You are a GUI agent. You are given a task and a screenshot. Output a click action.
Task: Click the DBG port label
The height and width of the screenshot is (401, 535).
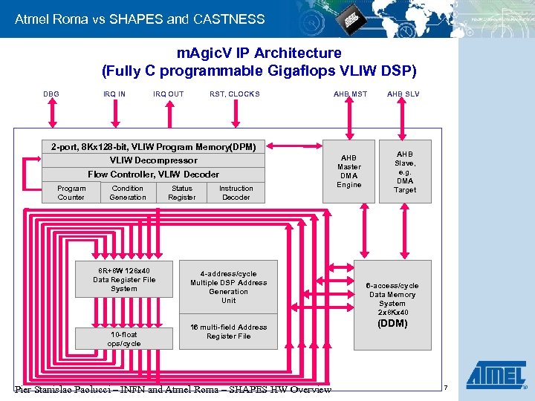[51, 94]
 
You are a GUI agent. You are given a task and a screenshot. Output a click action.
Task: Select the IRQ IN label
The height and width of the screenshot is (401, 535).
[114, 94]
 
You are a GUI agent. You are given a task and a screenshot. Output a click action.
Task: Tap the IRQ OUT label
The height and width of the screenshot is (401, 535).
[168, 94]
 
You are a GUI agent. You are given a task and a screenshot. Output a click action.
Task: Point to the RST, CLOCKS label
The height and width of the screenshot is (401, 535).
[235, 94]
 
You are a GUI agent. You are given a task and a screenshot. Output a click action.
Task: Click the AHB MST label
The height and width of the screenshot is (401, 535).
[350, 94]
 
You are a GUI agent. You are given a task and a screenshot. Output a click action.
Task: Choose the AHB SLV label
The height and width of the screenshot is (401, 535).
[403, 94]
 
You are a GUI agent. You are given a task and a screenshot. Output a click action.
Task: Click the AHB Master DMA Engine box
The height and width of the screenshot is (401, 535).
[348, 172]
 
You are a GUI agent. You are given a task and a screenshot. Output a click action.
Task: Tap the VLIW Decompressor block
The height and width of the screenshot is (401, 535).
[154, 160]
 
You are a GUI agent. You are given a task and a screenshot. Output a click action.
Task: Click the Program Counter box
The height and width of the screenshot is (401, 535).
[71, 193]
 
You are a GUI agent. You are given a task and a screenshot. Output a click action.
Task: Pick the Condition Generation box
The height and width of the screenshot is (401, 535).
[128, 193]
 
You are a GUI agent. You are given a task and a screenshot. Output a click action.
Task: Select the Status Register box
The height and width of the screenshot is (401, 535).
[181, 193]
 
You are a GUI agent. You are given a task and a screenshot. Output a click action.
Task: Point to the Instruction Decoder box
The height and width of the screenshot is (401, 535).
[236, 193]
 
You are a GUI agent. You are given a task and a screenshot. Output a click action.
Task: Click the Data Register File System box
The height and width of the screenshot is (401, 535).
[124, 279]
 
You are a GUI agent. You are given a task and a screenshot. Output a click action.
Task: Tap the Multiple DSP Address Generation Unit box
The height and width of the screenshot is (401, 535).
[228, 287]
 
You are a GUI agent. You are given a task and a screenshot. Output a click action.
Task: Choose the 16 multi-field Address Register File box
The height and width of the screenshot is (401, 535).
[228, 332]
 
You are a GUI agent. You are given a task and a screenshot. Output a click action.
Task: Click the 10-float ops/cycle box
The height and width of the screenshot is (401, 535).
[124, 339]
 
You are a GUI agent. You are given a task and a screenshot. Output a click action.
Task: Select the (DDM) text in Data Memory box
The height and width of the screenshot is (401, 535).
[392, 324]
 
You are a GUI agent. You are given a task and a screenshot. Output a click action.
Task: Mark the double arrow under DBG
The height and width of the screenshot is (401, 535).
[51, 116]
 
